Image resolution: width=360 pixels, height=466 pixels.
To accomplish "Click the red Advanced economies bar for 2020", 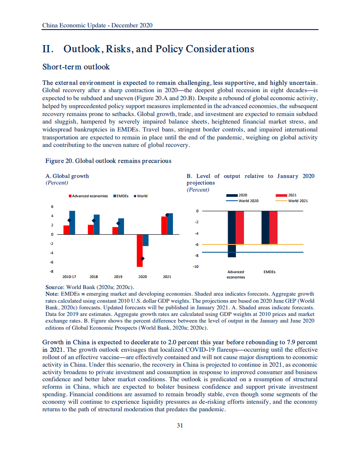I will [x=139, y=250].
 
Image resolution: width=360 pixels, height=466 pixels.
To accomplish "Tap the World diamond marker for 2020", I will [x=142, y=259].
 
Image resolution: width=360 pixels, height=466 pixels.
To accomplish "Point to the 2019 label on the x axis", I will [x=118, y=277].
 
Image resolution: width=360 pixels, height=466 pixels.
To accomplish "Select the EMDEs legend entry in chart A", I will [x=121, y=196].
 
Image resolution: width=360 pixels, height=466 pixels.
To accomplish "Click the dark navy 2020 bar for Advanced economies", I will [x=232, y=234].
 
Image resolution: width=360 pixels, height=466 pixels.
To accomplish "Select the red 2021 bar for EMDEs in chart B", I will [x=274, y=227].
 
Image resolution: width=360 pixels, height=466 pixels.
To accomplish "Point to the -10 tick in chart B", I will [x=196, y=267].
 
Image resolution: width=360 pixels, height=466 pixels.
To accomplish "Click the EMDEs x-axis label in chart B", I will [x=269, y=272].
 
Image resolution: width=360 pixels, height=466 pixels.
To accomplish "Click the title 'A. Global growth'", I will [x=67, y=176].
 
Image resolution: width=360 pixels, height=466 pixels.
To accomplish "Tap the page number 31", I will [x=180, y=425].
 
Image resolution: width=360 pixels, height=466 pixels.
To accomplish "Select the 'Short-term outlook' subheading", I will [x=76, y=67].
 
